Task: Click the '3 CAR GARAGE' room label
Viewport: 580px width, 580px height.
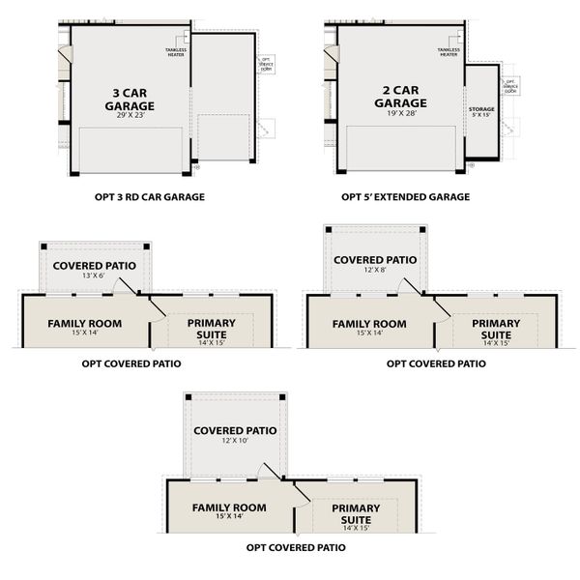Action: [131, 100]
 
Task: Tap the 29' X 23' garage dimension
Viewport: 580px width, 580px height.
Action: [131, 115]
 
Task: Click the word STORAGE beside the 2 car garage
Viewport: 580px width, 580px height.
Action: [481, 109]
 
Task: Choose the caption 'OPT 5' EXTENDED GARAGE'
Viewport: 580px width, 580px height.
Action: [405, 196]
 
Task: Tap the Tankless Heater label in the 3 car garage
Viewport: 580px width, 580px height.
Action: [176, 50]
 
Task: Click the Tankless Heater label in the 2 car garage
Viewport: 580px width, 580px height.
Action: [448, 51]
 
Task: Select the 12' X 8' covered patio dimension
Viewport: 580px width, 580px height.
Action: [375, 272]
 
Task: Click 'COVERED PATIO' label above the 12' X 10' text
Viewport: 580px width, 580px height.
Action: [235, 431]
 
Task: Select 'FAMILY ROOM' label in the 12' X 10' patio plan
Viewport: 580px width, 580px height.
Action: [229, 507]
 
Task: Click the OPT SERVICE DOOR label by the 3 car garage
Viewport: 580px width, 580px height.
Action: [266, 64]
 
